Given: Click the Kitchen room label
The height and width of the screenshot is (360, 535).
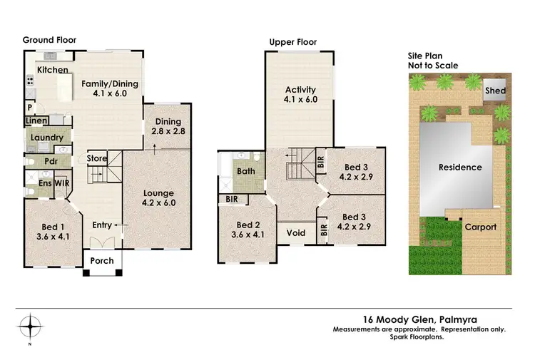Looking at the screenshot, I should [53, 70].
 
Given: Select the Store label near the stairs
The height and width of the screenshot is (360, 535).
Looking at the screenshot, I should [97, 158].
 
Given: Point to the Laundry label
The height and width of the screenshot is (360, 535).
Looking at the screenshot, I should [47, 138].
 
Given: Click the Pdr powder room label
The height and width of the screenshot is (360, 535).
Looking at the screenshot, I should [51, 160].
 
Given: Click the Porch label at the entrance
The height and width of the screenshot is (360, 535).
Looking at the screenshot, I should [102, 261].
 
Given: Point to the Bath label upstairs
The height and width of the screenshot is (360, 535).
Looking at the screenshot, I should [246, 171].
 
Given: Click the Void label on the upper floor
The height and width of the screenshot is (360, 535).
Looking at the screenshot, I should [296, 232].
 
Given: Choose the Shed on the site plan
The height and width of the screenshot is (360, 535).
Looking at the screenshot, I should [495, 91].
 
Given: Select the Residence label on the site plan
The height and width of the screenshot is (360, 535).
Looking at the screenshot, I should [460, 168].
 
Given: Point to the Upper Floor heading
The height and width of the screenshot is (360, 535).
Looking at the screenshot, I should [292, 42].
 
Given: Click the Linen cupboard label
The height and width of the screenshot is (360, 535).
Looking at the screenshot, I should [38, 121].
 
